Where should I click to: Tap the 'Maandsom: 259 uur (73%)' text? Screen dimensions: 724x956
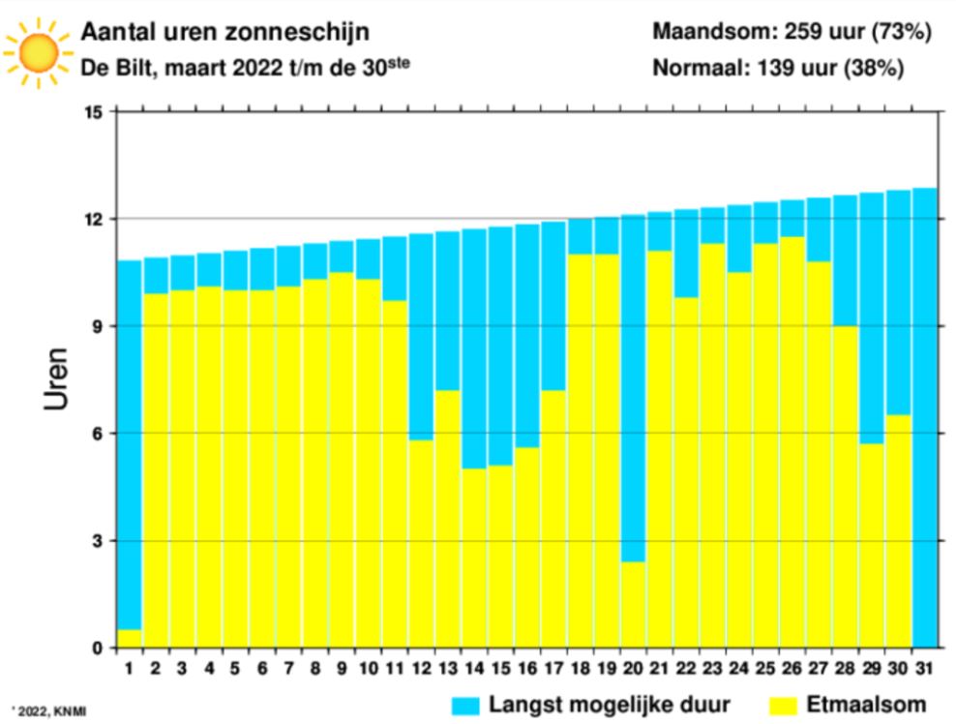[792, 32]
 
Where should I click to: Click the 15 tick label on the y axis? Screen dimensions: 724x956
[94, 112]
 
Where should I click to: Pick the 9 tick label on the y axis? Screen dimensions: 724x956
[98, 326]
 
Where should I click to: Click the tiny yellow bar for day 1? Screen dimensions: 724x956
[130, 638]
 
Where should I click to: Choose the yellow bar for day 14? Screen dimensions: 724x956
[474, 558]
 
